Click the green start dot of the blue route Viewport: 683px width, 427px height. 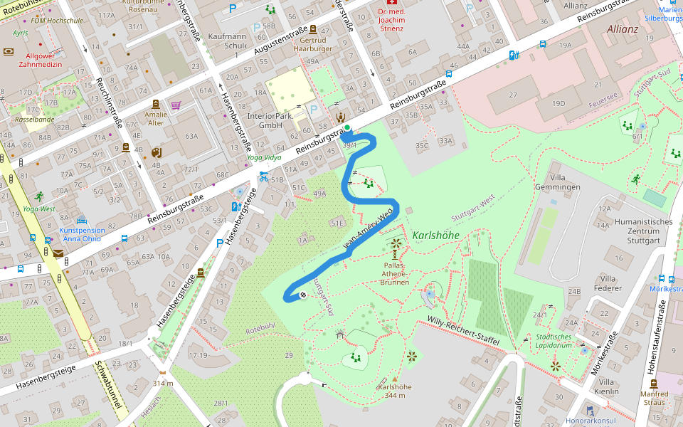pos(347,128)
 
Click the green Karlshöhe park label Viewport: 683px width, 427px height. pos(435,236)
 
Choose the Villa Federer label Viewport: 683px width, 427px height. pos(608,283)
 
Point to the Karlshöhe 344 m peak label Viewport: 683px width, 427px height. pos(396,391)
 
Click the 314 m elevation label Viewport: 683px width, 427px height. pos(163,384)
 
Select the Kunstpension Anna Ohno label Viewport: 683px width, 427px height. pos(82,234)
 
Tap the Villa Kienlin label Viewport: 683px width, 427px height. pos(605,386)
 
